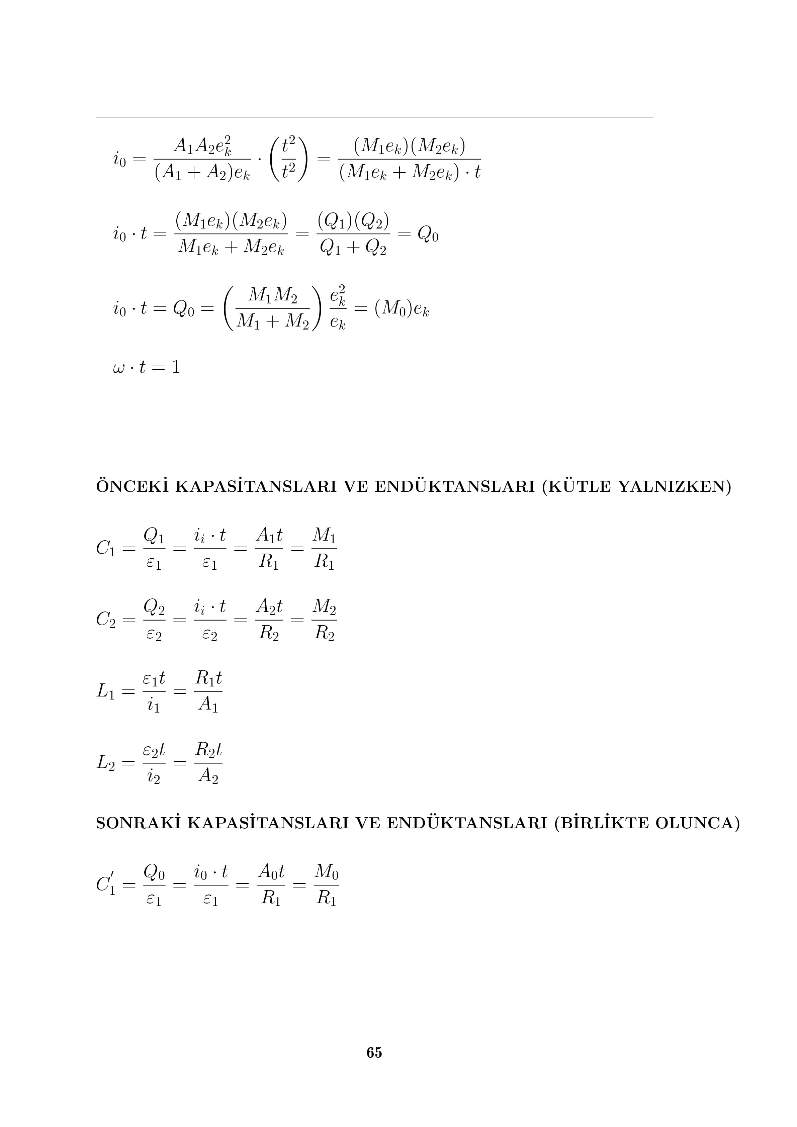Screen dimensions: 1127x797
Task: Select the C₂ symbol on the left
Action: (x=106, y=620)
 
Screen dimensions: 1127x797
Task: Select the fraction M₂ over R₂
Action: (x=324, y=620)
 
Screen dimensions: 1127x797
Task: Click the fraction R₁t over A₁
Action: (x=208, y=691)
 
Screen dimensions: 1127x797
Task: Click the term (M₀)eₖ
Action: (x=402, y=309)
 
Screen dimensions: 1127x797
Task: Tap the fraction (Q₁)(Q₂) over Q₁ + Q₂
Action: (x=353, y=234)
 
